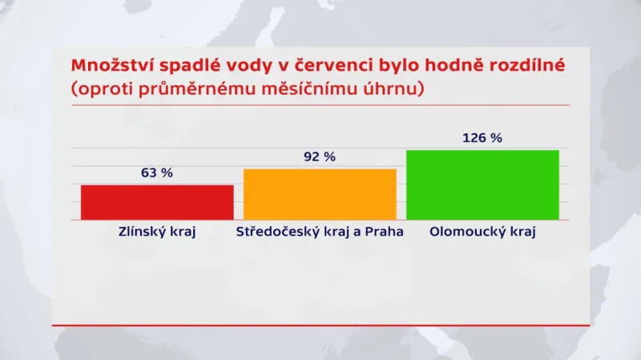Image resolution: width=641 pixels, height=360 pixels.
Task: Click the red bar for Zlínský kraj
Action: coord(157,202)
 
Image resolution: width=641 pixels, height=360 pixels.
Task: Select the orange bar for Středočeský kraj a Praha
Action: coord(320,194)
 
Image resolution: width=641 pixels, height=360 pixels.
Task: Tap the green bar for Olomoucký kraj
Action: coord(482,184)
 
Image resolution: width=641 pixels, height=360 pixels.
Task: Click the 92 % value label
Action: coord(320,157)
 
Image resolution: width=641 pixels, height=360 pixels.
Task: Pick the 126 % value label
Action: coord(482,138)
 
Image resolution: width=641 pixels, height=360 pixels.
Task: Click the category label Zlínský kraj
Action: coord(157,233)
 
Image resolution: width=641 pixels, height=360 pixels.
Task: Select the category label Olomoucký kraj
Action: coord(482,233)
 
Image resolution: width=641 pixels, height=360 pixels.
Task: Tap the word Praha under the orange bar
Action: coord(383,233)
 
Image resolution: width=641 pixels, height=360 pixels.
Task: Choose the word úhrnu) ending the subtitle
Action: coord(395,89)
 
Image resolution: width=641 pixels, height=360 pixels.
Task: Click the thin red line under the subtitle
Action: coord(320,105)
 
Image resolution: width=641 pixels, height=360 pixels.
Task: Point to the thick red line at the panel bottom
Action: coord(320,325)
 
